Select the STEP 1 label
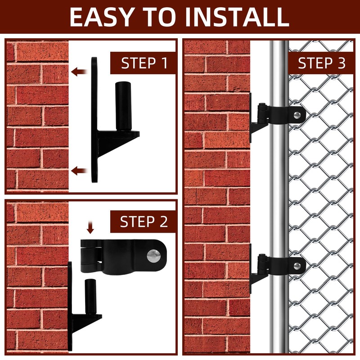pyautogui.click(x=144, y=63)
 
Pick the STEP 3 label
pyautogui.click(x=321, y=63)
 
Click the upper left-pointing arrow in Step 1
pyautogui.click(x=80, y=71)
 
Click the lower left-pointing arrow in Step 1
pyautogui.click(x=80, y=170)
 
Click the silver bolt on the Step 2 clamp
pyautogui.click(x=153, y=255)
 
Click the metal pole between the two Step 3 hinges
pyautogui.click(x=279, y=189)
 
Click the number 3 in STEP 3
pyautogui.click(x=341, y=63)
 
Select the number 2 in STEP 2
pyautogui.click(x=162, y=221)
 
